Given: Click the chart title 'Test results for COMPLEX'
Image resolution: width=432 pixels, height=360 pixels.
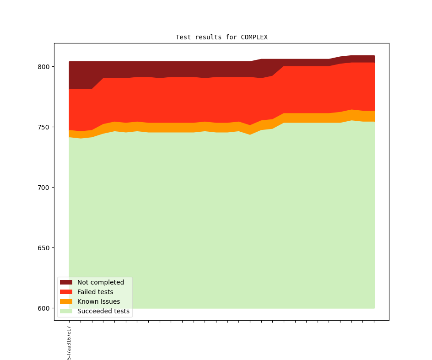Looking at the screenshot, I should [x=221, y=37].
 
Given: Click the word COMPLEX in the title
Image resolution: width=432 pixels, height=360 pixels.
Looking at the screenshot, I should [x=254, y=37].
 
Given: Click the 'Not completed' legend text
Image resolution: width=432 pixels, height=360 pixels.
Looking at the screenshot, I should [x=101, y=282].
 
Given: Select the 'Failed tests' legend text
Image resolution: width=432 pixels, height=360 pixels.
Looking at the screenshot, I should [x=95, y=292].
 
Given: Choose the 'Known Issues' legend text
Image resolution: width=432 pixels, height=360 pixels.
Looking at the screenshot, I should [x=98, y=301].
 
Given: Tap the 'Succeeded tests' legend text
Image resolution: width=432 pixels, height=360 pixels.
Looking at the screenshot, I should [x=103, y=311].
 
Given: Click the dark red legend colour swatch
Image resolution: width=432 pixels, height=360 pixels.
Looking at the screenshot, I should [x=66, y=282].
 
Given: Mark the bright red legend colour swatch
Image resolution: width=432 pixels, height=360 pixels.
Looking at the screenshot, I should [x=66, y=292].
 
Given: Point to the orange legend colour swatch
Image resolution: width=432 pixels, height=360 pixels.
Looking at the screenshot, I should [x=66, y=301].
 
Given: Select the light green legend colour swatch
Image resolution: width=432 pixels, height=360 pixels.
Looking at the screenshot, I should [x=66, y=311].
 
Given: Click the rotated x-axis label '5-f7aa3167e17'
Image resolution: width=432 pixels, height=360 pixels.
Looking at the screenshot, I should [x=69, y=343].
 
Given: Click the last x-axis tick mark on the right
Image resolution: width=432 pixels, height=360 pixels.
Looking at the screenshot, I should [x=374, y=321].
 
